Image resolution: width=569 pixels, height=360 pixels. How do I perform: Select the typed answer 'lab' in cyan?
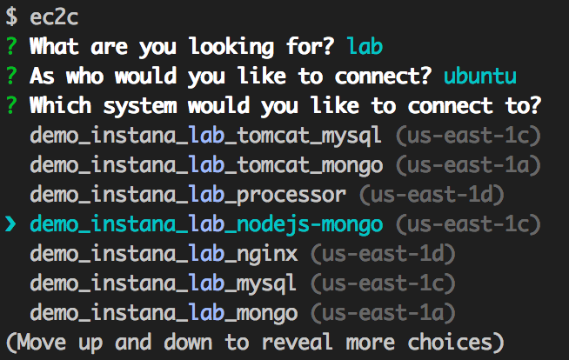pyautogui.click(x=365, y=45)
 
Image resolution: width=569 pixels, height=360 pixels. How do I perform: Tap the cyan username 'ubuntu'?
pyautogui.click(x=479, y=76)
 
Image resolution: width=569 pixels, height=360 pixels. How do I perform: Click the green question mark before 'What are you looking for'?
pyautogui.click(x=11, y=45)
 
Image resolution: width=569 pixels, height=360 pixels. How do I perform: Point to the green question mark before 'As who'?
pyautogui.click(x=11, y=76)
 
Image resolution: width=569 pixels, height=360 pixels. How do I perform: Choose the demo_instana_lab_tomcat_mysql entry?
pyautogui.click(x=206, y=136)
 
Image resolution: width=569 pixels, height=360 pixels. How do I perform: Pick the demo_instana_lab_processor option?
pyautogui.click(x=187, y=195)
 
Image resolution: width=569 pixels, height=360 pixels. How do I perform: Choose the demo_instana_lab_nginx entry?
pyautogui.click(x=164, y=254)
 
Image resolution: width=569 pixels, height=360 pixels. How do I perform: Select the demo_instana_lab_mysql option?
pyautogui.click(x=164, y=283)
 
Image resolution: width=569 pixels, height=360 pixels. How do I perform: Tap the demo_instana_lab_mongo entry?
pyautogui.click(x=164, y=313)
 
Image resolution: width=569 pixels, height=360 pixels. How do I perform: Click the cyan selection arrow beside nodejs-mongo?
pyautogui.click(x=11, y=224)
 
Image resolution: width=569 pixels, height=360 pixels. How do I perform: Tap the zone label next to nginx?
pyautogui.click(x=383, y=254)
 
